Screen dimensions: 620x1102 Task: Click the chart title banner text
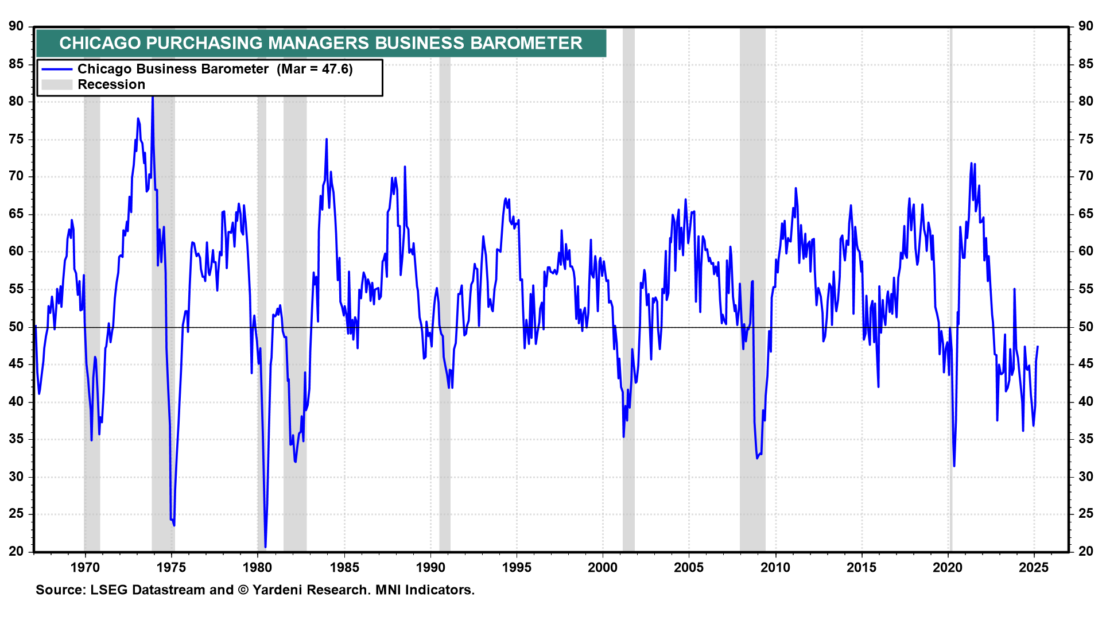(321, 43)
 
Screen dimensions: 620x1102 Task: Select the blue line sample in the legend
(57, 69)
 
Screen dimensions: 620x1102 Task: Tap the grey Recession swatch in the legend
(57, 85)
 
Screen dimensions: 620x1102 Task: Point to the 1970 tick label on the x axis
(85, 568)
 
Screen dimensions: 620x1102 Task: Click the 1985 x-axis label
(344, 568)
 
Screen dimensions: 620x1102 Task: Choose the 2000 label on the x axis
(603, 568)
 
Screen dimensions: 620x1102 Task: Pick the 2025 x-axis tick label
(1034, 568)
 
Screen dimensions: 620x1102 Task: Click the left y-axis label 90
(16, 26)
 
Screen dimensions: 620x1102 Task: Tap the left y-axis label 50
(16, 327)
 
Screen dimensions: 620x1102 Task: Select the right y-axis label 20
(1085, 551)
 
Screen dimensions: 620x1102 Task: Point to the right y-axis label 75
(1085, 139)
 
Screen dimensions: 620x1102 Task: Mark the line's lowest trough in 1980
(265, 547)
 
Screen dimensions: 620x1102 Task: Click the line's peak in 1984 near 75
(327, 139)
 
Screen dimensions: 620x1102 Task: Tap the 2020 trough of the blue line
(954, 465)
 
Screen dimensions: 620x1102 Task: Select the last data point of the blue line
(1037, 346)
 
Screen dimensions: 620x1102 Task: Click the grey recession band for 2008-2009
(752, 287)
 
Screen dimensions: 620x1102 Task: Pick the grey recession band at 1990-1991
(445, 287)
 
